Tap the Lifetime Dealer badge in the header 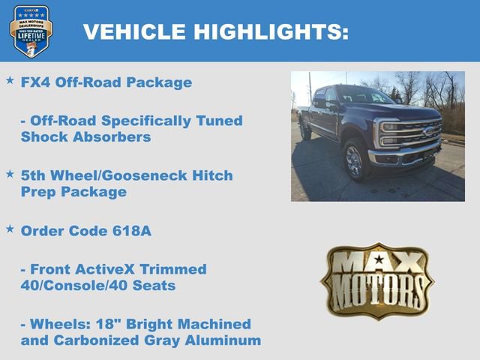(x=31, y=31)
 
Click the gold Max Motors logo (x=377, y=280)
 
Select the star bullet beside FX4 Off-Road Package (x=10, y=79)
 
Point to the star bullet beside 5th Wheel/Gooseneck (x=10, y=173)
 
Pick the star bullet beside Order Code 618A (x=10, y=228)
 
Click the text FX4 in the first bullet (x=37, y=82)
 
